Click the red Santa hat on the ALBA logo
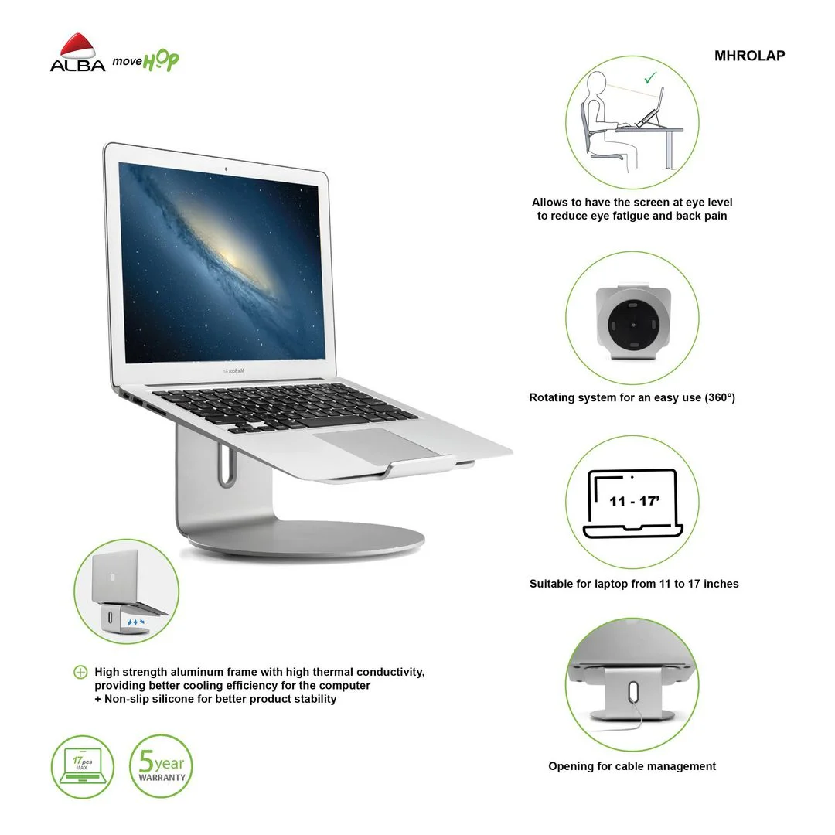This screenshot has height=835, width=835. (77, 46)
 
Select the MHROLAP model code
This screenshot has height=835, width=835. (749, 56)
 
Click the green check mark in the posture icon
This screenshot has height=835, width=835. (650, 78)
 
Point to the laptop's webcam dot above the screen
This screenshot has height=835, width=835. (226, 169)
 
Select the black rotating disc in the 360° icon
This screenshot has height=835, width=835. (632, 324)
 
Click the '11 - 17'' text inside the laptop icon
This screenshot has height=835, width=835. (634, 501)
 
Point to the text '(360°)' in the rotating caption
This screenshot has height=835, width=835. (720, 397)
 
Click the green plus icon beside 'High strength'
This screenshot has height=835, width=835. (80, 672)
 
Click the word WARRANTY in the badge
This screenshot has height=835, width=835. (162, 778)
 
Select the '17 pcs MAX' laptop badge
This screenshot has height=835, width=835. (83, 767)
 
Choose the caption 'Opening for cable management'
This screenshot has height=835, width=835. (632, 766)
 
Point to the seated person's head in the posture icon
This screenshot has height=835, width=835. (597, 83)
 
